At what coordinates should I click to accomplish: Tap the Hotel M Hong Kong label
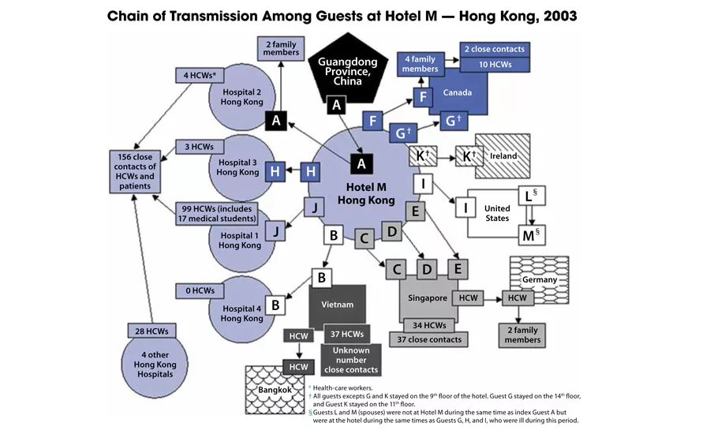point(360,193)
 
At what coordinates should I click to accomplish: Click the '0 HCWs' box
point(200,290)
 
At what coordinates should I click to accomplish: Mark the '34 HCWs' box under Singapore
point(428,324)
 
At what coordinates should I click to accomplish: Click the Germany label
point(540,279)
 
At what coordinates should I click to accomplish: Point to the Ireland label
point(503,155)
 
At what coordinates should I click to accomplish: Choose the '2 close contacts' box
point(494,49)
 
